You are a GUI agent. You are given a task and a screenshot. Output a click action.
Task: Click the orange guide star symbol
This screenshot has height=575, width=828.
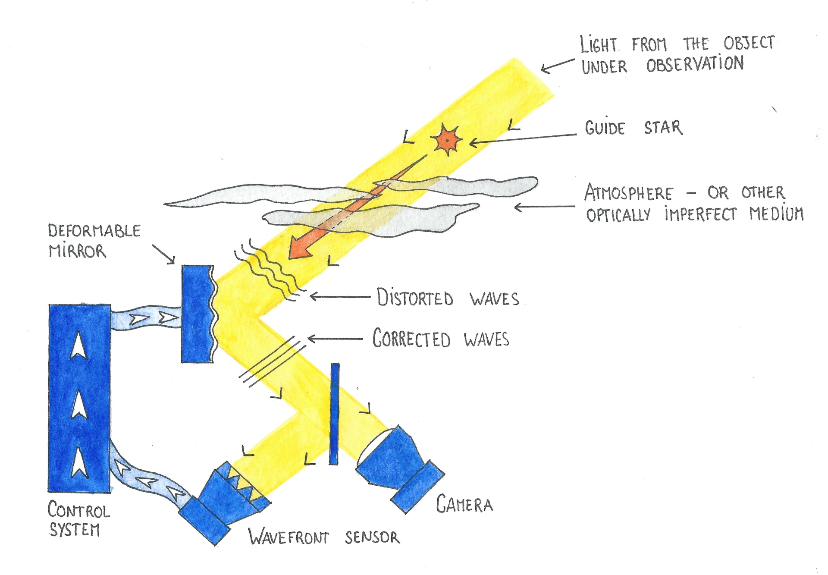point(448,140)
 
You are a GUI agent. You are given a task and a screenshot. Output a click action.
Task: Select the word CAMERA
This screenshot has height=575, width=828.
point(464,504)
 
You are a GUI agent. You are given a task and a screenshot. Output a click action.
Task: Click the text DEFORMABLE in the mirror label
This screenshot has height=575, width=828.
point(94,231)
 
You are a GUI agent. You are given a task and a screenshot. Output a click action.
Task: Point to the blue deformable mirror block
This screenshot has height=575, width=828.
point(197,314)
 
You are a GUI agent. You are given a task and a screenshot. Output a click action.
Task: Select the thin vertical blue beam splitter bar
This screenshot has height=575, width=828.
point(334,414)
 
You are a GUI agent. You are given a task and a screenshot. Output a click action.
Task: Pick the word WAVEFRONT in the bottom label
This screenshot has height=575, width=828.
point(289,537)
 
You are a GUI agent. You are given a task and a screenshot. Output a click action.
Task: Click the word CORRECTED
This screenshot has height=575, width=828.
point(411,339)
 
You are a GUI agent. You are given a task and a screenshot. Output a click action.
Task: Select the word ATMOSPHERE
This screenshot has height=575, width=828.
point(628,193)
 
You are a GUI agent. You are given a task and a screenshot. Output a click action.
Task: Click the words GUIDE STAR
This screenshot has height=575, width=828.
point(633,128)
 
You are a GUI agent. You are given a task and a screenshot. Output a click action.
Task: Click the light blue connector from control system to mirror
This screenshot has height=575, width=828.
point(146,318)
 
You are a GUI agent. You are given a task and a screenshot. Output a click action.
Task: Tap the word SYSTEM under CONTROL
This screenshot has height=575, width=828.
point(75,529)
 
